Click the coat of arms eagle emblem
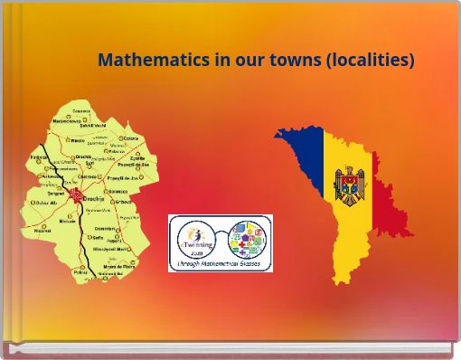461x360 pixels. [x=350, y=186]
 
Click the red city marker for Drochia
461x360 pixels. [x=76, y=195]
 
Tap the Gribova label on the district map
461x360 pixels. [x=123, y=202]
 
